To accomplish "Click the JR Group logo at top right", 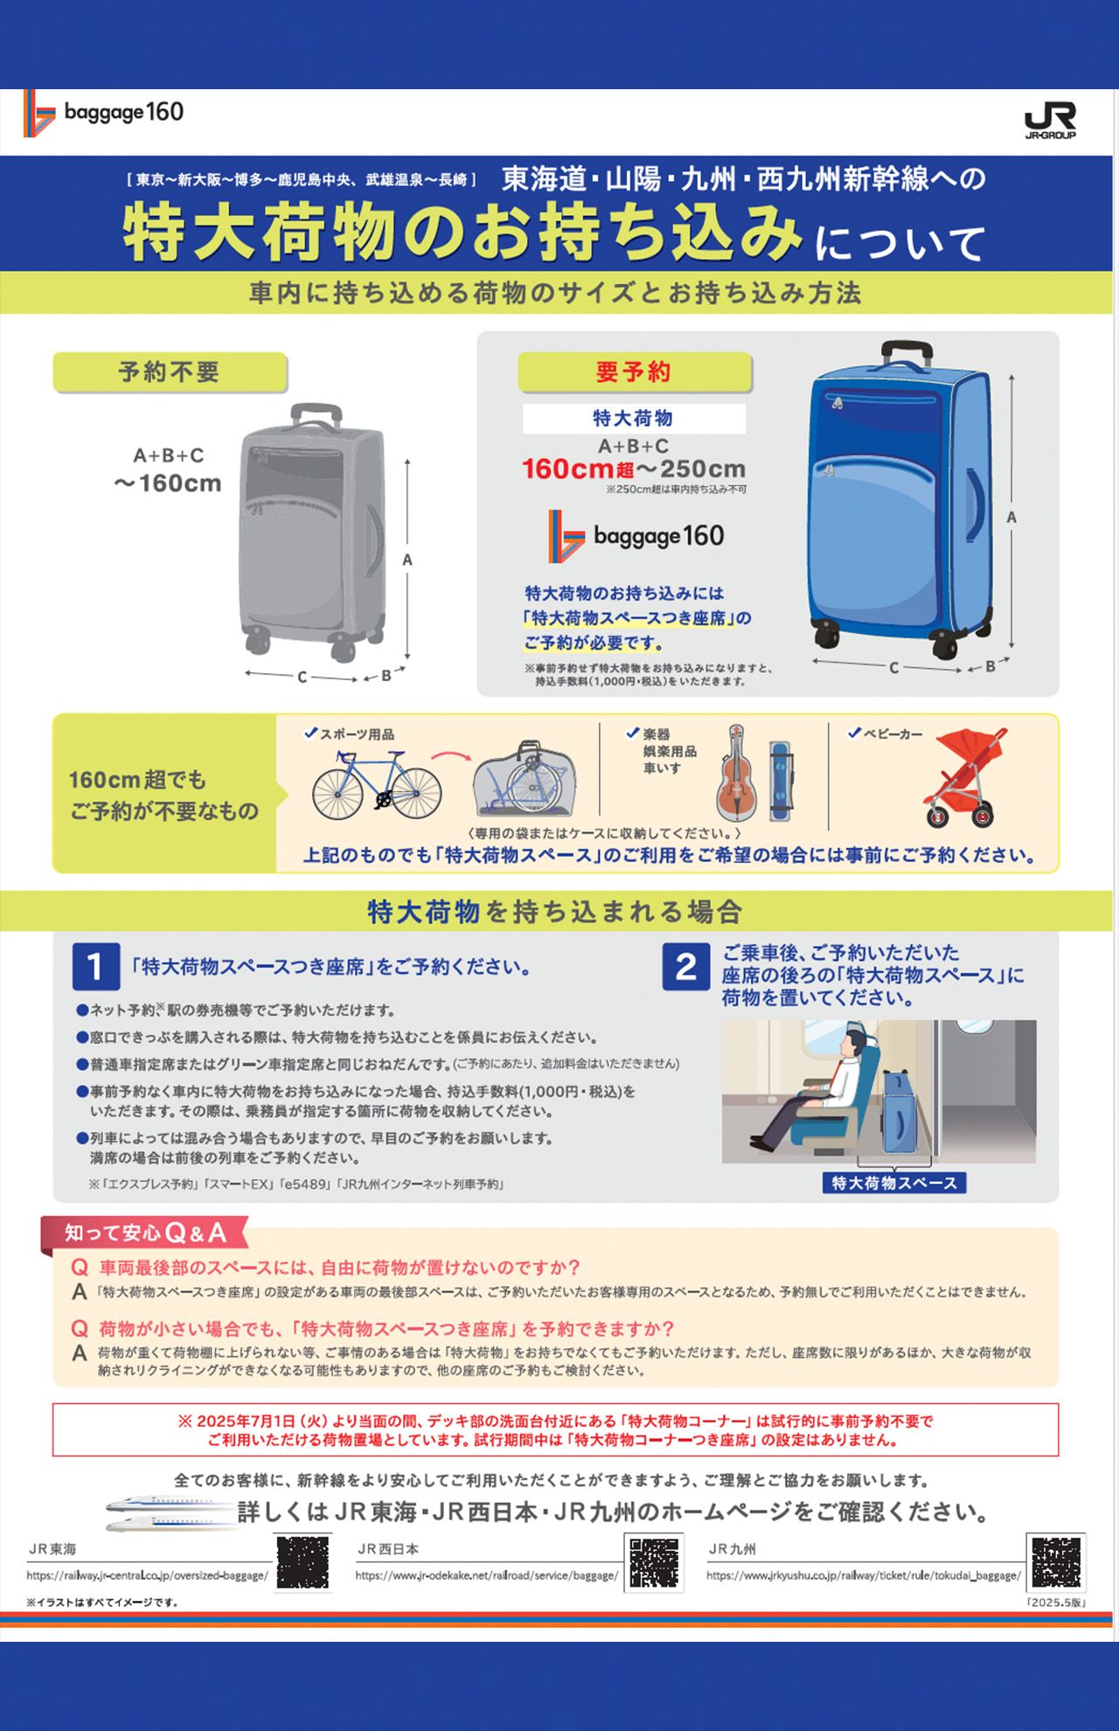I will tap(1050, 120).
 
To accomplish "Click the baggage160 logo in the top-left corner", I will tap(104, 113).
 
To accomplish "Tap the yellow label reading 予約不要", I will tap(170, 372).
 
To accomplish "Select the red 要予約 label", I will tap(634, 372).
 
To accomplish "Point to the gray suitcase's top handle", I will tap(316, 414).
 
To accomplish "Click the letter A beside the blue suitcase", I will tap(1011, 518).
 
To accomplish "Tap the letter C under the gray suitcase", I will tap(302, 678).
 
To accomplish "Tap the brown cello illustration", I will tap(736, 775).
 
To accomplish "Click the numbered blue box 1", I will tap(95, 967).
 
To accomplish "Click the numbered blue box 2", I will tap(685, 967).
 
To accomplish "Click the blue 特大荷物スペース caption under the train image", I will tap(893, 1183).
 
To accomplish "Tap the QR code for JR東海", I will tap(302, 1563).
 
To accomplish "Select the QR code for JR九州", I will tap(1056, 1563).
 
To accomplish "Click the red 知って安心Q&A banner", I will tap(145, 1233).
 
